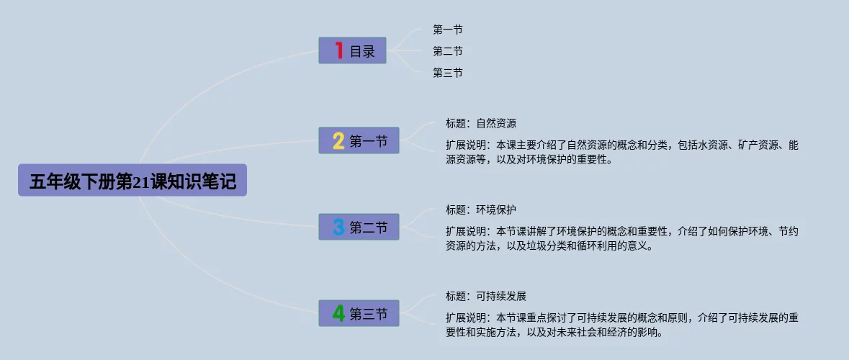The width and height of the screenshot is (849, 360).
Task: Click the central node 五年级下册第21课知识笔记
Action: coord(132,181)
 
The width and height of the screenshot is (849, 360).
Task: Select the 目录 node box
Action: coord(352,50)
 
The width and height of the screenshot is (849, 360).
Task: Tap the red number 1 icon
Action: coord(338,50)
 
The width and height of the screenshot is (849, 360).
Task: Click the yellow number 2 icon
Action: coord(338,141)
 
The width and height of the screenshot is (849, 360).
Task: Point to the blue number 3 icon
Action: coord(338,228)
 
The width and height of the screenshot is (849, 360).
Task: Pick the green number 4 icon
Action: coord(338,313)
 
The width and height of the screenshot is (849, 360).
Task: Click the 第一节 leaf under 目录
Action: coord(447,30)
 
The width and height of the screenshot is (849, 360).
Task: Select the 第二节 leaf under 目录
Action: coord(447,51)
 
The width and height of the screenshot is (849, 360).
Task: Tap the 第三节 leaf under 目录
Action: coord(447,73)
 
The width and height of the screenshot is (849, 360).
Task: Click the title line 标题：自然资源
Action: coord(480,123)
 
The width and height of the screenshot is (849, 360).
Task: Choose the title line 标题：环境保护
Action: coord(480,210)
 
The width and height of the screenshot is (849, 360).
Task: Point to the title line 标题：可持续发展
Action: coord(486,296)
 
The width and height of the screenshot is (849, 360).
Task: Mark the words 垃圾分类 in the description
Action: coord(566,246)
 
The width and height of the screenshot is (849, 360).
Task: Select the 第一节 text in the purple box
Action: coord(369,142)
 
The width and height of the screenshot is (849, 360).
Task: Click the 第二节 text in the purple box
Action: coord(369,228)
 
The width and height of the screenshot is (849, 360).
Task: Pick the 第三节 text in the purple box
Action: coord(369,314)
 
